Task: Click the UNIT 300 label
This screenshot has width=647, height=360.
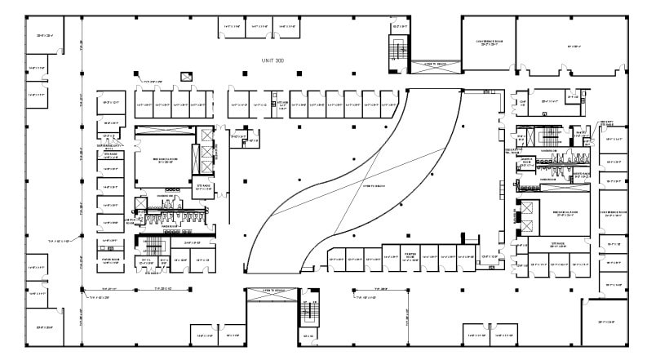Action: pyautogui.click(x=272, y=61)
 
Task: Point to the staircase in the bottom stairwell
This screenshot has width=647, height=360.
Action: pyautogui.click(x=309, y=314)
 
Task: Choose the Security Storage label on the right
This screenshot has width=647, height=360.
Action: pyautogui.click(x=606, y=123)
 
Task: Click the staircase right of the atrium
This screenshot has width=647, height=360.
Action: pyautogui.click(x=549, y=135)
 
